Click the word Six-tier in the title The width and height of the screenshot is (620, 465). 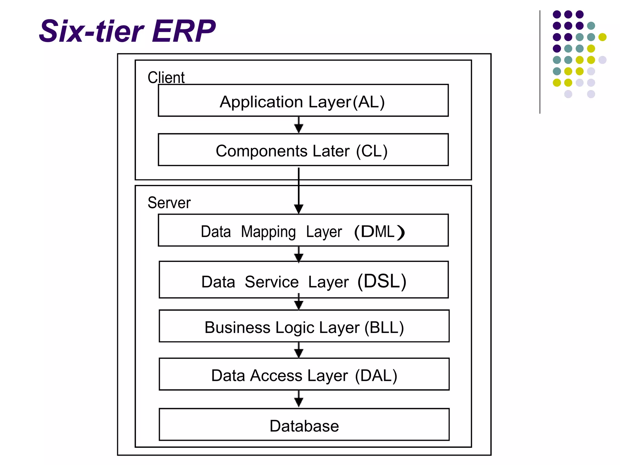91,31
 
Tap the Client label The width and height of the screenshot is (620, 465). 166,77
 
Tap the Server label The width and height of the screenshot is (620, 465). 169,203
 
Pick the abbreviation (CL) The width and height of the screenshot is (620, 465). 372,151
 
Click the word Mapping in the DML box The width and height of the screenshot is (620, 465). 268,232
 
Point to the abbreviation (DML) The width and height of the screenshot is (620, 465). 379,232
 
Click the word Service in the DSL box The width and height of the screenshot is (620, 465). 272,282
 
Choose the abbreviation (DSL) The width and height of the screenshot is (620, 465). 382,282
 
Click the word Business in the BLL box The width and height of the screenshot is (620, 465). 237,328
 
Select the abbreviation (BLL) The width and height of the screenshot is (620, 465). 384,328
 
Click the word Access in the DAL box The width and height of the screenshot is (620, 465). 276,376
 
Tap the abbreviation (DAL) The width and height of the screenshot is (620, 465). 376,376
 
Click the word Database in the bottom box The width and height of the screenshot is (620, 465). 304,426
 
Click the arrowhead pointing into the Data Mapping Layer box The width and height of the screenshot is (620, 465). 299,209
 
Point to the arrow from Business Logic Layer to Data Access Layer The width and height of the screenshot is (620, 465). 299,351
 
